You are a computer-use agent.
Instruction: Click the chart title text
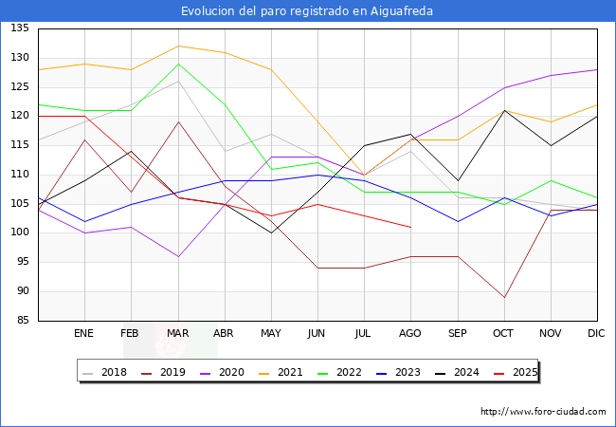[308, 11]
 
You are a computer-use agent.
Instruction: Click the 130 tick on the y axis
[19, 58]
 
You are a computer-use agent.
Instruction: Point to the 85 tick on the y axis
[22, 321]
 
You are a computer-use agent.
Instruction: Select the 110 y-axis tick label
[19, 175]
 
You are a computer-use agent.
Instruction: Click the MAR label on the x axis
[177, 334]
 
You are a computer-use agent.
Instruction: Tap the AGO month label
[410, 334]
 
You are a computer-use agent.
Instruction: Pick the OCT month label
[503, 334]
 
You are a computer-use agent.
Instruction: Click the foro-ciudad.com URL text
[543, 412]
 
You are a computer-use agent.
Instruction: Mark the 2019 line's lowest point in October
[504, 297]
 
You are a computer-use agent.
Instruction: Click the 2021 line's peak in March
[177, 46]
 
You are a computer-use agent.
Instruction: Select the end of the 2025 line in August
[410, 227]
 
